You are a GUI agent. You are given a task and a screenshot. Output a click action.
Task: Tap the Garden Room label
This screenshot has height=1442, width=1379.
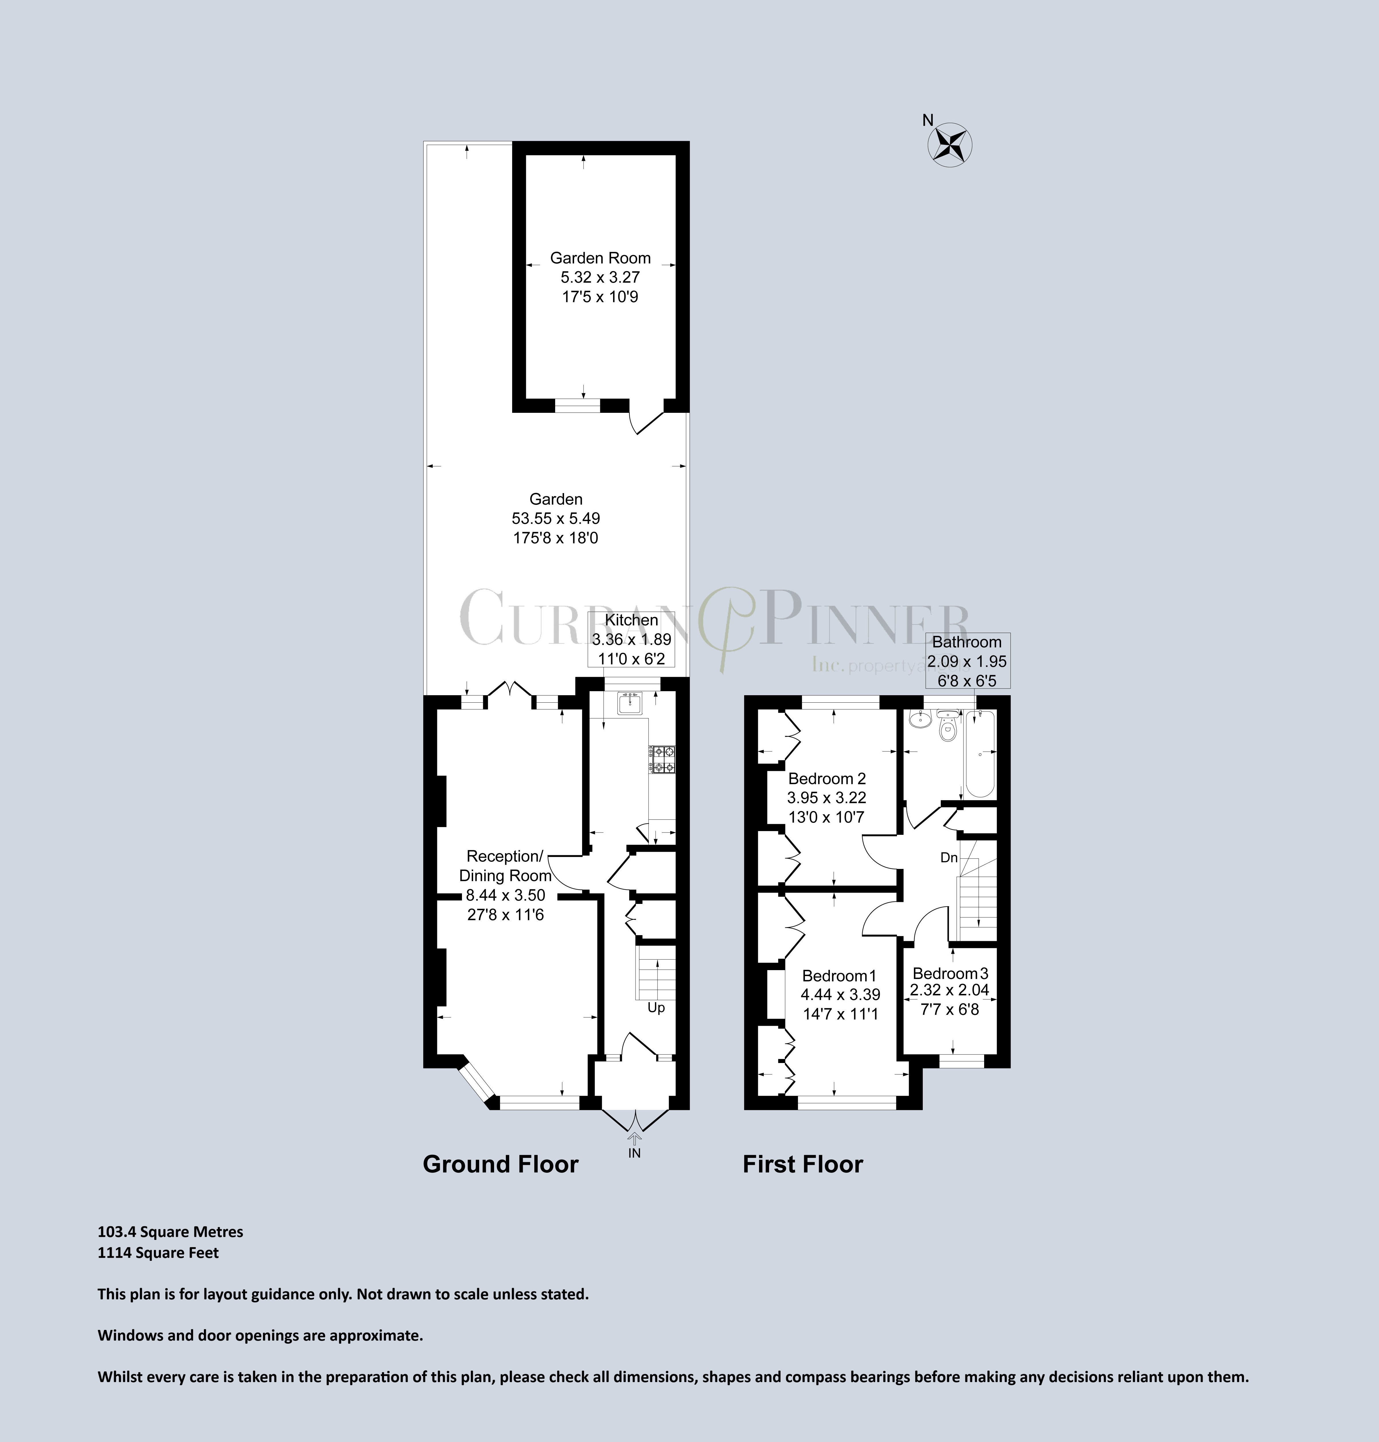[600, 258]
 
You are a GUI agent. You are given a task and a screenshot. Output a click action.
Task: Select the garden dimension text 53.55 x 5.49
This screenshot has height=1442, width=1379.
[556, 518]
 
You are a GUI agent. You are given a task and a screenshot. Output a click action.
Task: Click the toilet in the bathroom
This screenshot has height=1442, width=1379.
[948, 730]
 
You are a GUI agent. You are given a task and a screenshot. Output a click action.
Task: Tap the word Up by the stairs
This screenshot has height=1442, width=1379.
[656, 1008]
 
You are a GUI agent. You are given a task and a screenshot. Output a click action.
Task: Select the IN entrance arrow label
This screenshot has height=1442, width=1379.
[634, 1153]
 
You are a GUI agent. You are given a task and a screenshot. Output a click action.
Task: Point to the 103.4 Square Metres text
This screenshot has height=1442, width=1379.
[171, 1232]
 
